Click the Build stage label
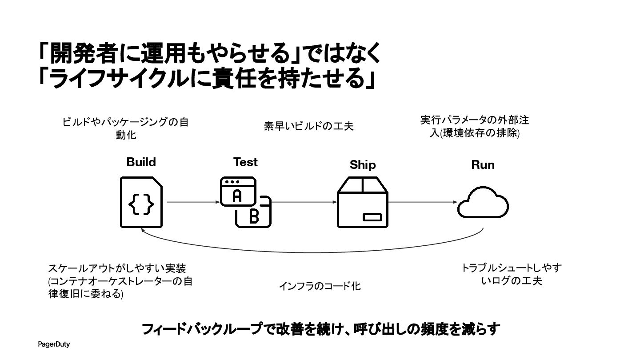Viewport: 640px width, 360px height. [x=141, y=162]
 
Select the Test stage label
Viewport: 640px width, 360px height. [x=245, y=162]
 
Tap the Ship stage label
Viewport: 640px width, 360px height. [x=363, y=165]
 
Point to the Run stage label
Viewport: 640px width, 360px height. [x=483, y=165]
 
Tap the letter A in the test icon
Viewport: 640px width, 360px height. [x=237, y=196]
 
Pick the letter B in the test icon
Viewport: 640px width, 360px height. [x=254, y=216]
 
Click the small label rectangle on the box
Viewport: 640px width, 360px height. [x=372, y=217]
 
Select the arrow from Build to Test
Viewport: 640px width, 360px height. [x=193, y=202]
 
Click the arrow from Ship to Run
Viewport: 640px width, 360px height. [x=423, y=202]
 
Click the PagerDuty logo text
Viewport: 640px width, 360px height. [x=54, y=344]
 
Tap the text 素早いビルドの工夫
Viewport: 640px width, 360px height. [x=308, y=126]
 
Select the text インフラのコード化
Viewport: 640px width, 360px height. [x=320, y=286]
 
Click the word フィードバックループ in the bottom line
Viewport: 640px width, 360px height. [x=202, y=329]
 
